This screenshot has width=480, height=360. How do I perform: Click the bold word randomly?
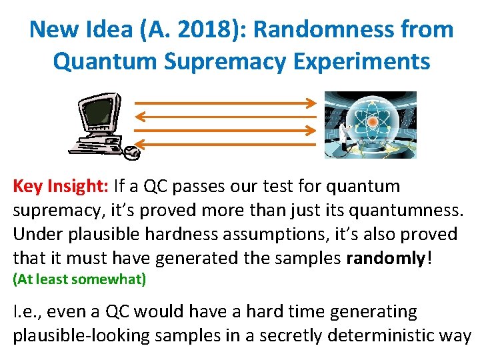pos(385,258)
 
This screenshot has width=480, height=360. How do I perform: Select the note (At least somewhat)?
pos(79,280)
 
